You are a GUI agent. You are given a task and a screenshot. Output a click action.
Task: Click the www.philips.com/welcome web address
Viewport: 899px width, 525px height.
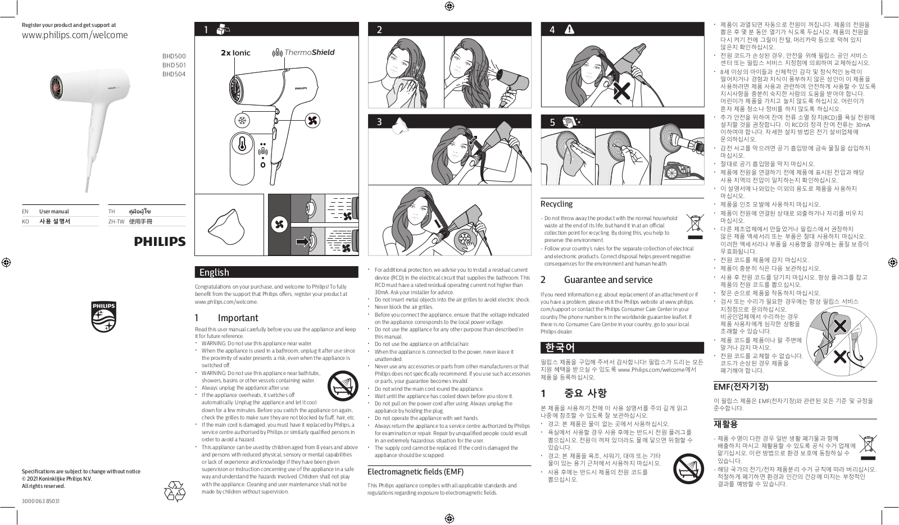pos(75,35)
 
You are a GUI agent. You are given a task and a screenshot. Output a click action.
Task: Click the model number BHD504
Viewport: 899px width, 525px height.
pos(174,74)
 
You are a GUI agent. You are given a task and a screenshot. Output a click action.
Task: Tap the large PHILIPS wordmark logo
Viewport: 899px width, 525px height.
pos(160,241)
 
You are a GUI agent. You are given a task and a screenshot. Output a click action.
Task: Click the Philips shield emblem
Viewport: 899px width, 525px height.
pos(103,317)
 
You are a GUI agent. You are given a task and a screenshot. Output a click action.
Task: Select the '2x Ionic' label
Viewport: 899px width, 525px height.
pos(235,53)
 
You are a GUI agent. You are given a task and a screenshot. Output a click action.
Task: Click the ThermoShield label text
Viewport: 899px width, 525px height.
pos(309,52)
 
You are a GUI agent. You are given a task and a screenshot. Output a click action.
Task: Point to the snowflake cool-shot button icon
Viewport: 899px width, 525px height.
pos(243,120)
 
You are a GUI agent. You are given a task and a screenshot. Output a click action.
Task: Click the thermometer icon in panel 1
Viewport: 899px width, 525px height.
pos(242,143)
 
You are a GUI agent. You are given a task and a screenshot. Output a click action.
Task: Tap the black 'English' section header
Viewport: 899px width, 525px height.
pos(276,272)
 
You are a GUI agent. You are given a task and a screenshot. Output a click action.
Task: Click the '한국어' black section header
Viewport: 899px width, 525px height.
pos(621,348)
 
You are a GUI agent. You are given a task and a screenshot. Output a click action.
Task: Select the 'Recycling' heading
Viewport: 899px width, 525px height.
pos(556,204)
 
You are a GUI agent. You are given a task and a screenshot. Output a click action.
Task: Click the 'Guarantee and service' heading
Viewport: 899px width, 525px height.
pos(608,280)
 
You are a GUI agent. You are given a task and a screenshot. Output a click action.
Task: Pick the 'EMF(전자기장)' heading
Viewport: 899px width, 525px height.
pos(741,387)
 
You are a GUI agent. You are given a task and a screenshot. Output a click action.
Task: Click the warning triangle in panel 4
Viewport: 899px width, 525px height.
pos(569,30)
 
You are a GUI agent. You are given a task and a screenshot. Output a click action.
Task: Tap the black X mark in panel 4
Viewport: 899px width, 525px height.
pos(621,91)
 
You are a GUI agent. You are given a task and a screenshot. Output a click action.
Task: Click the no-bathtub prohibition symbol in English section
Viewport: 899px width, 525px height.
pos(342,385)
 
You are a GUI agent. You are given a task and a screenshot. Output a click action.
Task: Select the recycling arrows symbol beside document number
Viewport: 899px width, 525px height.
pos(174,491)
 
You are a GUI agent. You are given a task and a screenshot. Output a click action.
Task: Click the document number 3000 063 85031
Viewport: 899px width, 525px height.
pos(40,500)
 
